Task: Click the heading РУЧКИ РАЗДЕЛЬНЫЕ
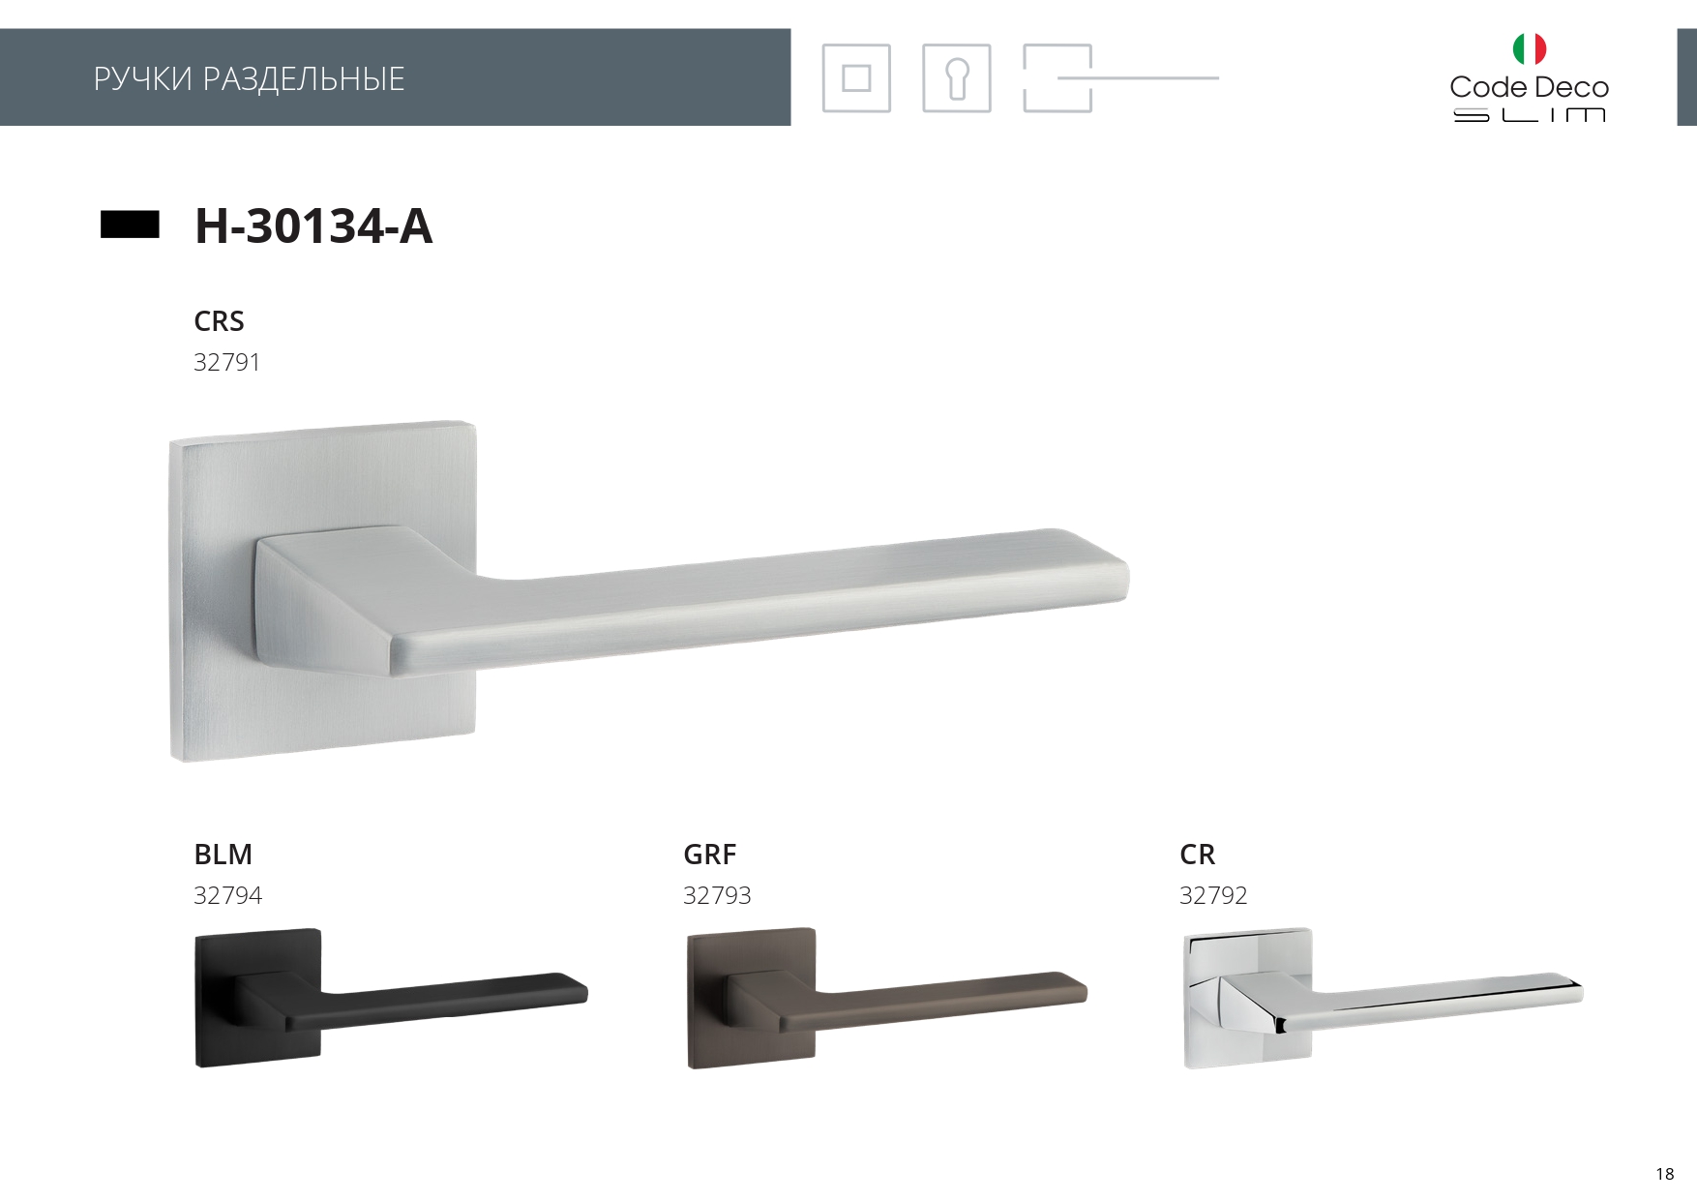coord(249,78)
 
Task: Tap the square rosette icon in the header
coord(856,78)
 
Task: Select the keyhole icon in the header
coord(957,78)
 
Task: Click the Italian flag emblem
coord(1530,48)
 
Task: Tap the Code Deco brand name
coord(1529,87)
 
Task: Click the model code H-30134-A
coord(313,226)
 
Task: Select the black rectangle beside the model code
coord(130,225)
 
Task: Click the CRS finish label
coord(219,321)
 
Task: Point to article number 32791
coord(227,363)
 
